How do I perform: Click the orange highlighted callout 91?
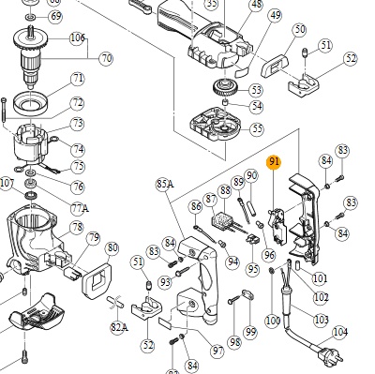[x=274, y=162]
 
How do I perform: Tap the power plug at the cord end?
[x=330, y=354]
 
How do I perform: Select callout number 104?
[x=340, y=333]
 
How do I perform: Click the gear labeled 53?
[x=225, y=88]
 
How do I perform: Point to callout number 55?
[x=257, y=128]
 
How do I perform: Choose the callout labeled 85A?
[x=165, y=184]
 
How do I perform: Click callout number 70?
[x=107, y=58]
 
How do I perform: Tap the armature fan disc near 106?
[x=30, y=40]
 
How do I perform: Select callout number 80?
[x=112, y=248]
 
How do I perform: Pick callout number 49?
[x=275, y=15]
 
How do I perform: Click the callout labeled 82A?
[x=119, y=327]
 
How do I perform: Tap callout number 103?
[x=322, y=320]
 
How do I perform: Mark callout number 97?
[x=217, y=351]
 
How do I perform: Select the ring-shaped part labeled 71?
[x=30, y=102]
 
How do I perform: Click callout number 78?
[x=77, y=228]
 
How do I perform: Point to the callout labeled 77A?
[x=79, y=207]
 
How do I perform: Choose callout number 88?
[x=225, y=190]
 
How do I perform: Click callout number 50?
[x=300, y=30]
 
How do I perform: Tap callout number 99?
[x=251, y=333]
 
